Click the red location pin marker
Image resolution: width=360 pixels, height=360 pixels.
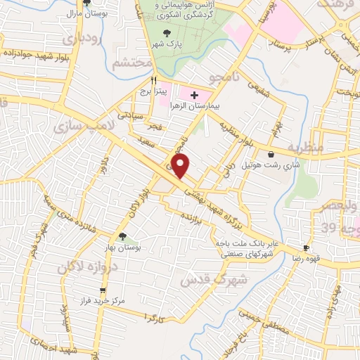[181, 167]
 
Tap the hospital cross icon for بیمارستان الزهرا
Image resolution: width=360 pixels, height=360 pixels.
[195, 94]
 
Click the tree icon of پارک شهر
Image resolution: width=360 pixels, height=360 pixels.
[167, 34]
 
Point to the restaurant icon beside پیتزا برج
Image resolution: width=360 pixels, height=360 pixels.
[143, 80]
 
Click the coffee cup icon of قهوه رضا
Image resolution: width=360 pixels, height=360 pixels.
[306, 248]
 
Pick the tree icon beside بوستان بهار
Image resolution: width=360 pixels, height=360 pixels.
[123, 236]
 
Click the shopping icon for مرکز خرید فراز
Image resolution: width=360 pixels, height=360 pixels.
[103, 290]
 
